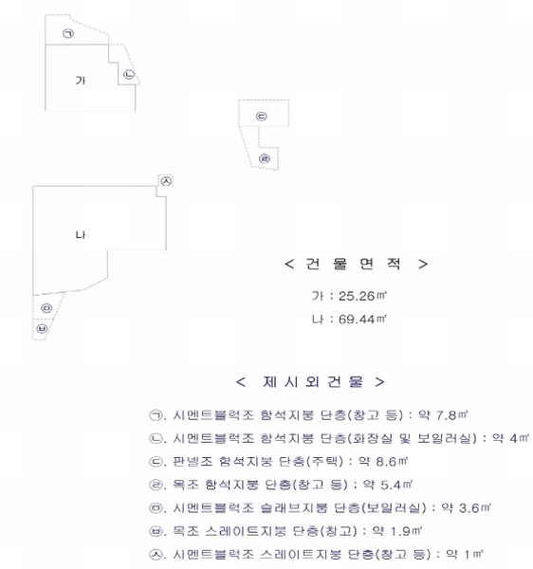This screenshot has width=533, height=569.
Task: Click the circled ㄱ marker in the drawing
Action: [x=68, y=33]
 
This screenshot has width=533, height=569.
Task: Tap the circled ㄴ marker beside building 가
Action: [x=129, y=74]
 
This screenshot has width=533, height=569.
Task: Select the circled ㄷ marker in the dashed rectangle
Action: [x=262, y=116]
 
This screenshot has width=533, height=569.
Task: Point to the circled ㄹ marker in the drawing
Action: [x=265, y=158]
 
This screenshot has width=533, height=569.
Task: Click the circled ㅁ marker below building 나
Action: [x=46, y=308]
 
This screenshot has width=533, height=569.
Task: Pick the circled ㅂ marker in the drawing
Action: [x=42, y=329]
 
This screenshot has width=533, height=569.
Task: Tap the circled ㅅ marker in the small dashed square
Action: [x=166, y=181]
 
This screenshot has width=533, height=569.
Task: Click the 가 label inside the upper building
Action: [x=81, y=81]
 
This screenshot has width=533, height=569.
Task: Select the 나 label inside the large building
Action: [x=81, y=235]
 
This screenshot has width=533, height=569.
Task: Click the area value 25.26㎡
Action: [x=362, y=296]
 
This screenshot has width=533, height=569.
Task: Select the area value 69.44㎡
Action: [x=362, y=319]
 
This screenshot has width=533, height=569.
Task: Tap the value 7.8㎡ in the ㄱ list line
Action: [x=451, y=414]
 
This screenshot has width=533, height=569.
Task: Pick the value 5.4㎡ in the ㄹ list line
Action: [x=396, y=485]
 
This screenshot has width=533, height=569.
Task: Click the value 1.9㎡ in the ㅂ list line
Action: [x=406, y=531]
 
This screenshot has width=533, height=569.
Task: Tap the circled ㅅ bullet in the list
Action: [x=156, y=554]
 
